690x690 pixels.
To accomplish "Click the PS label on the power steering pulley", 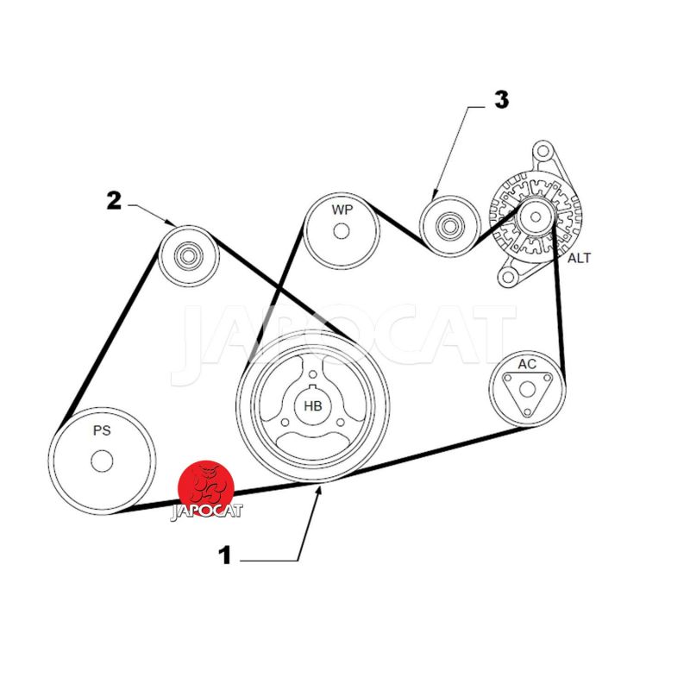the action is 102,430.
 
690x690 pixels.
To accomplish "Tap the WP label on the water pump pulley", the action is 342,210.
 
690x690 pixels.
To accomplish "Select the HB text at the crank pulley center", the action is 313,405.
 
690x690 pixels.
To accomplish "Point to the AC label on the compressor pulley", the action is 527,364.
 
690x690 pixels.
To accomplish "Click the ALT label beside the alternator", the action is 579,258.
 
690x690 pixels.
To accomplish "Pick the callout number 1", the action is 224,555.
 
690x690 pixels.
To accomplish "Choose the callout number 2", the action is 114,201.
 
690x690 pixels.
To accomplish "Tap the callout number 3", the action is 502,99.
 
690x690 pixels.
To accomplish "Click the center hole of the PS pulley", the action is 102,461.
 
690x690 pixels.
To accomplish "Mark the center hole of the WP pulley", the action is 342,231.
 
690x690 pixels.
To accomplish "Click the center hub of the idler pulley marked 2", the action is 188,255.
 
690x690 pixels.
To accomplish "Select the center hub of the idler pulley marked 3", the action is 449,226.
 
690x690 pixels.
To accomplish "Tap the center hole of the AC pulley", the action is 527,390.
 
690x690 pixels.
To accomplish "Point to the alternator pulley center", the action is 536,217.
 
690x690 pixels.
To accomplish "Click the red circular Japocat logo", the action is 206,488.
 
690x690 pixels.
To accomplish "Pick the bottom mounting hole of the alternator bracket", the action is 508,277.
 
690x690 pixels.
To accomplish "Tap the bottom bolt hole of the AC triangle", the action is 527,413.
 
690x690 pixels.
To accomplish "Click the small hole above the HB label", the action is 313,374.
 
